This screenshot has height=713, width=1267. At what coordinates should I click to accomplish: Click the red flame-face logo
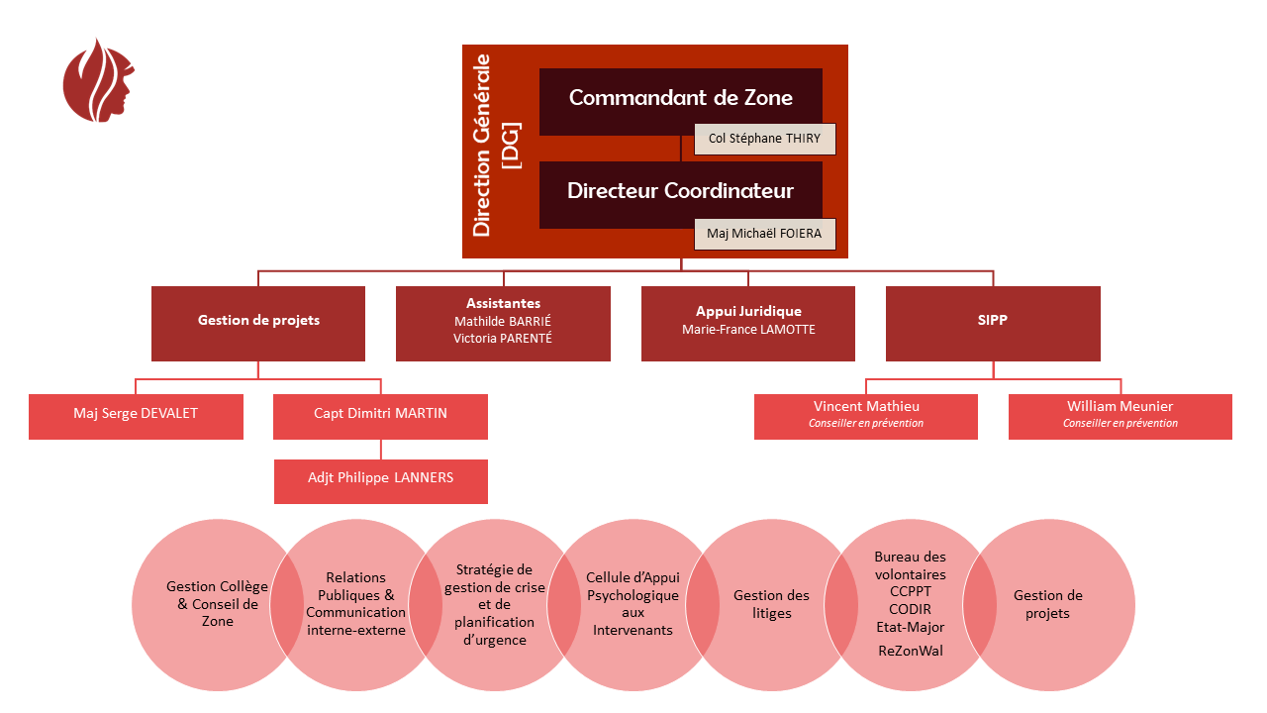click(97, 81)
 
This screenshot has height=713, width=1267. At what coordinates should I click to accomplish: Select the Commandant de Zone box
click(680, 98)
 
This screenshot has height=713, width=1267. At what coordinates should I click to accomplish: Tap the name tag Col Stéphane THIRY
click(764, 140)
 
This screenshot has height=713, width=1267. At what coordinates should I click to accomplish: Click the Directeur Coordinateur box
click(680, 191)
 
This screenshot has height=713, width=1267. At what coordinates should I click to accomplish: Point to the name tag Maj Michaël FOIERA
click(764, 235)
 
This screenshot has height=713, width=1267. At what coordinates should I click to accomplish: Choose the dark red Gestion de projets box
click(258, 321)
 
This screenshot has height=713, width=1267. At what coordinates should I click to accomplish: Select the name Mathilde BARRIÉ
click(503, 321)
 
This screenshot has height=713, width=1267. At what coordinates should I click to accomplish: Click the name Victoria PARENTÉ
click(503, 339)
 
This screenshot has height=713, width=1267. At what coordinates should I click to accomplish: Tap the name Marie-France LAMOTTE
click(748, 330)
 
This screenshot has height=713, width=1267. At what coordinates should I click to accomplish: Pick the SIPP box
click(993, 321)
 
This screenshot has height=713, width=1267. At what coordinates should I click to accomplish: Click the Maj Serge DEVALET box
click(136, 414)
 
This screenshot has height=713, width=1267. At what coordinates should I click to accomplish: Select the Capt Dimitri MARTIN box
click(380, 414)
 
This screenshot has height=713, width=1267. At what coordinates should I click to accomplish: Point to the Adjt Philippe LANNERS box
click(380, 478)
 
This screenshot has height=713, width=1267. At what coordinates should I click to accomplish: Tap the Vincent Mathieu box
click(865, 415)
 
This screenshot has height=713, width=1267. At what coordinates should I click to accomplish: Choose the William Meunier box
click(1120, 415)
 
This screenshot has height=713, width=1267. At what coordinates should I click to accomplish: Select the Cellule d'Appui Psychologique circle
click(633, 604)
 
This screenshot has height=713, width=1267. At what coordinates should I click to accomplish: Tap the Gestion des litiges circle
click(771, 604)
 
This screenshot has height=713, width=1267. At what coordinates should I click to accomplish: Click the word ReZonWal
click(911, 652)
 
